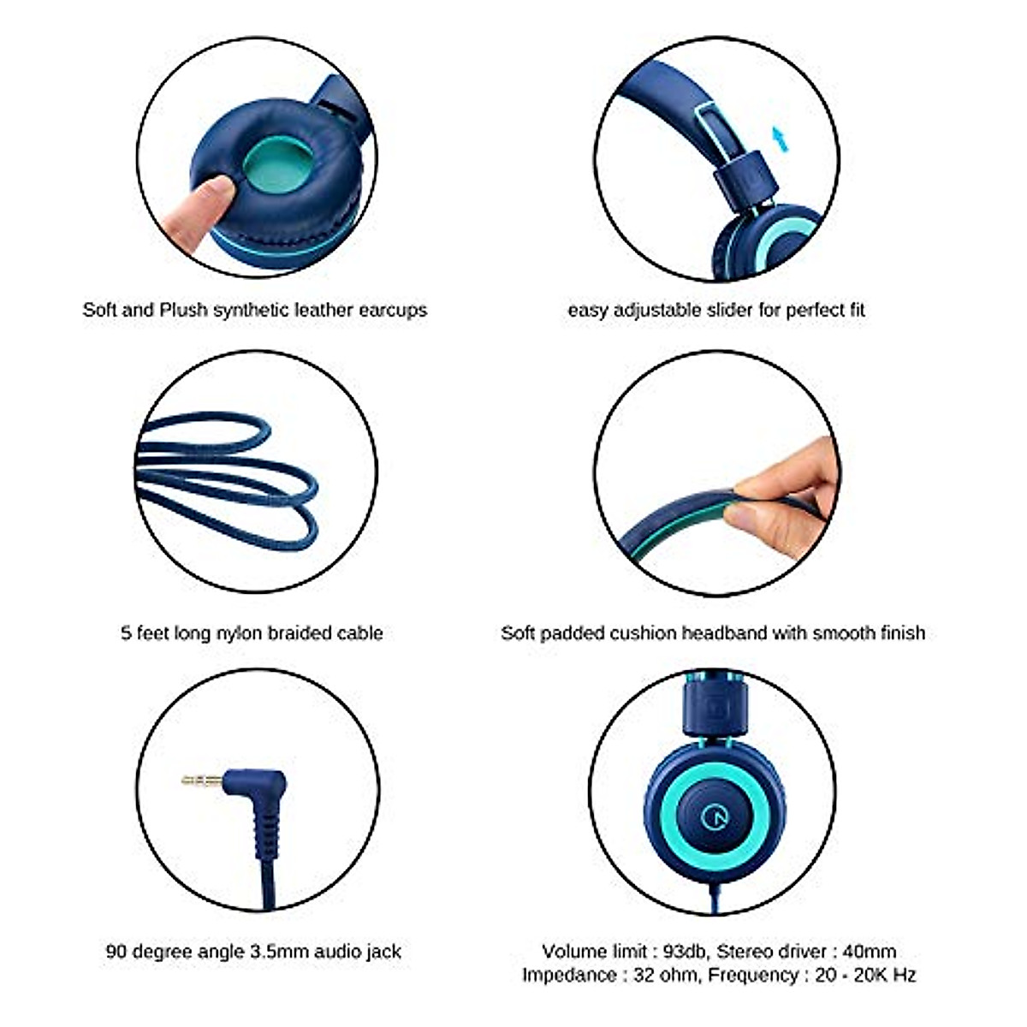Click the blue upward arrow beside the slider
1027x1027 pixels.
tap(779, 138)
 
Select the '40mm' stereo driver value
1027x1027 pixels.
tap(869, 952)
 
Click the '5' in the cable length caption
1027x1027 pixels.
tap(127, 633)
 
